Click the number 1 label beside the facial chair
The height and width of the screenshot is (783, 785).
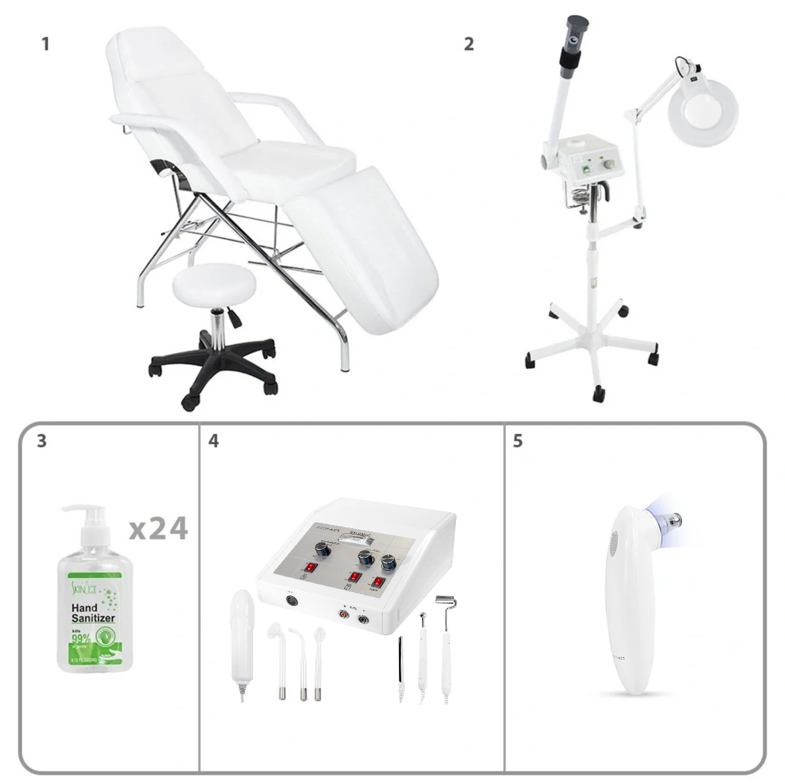(45, 44)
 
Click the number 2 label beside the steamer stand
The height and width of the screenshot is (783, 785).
(468, 44)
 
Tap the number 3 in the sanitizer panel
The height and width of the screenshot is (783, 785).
(42, 441)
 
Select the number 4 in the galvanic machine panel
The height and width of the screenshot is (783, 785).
(213, 441)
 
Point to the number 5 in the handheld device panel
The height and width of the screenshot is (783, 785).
(517, 441)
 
